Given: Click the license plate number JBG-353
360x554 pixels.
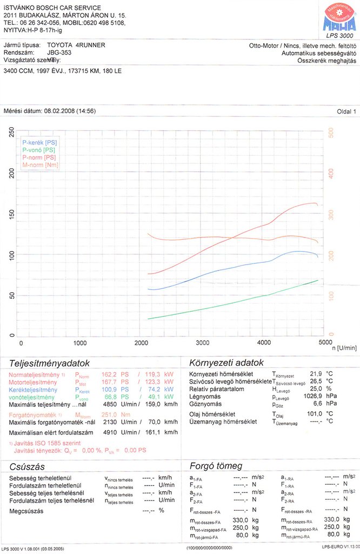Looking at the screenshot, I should pos(59,53).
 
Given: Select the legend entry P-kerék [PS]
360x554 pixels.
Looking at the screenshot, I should pos(39,142).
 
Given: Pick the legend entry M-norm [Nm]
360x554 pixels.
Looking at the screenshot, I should pos(41,164).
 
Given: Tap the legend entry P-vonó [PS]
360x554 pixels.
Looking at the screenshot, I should pos(39,149).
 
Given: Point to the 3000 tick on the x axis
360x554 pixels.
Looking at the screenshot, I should pos(203,343).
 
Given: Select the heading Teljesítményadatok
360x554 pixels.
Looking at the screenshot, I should pos(49,363).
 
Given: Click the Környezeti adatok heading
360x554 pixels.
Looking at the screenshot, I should pos(226,362).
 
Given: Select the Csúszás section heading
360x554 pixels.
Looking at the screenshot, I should pos(27,466).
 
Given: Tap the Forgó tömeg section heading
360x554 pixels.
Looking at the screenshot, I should pos(216,466).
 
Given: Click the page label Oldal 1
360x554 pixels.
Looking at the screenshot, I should pos(346,111).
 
